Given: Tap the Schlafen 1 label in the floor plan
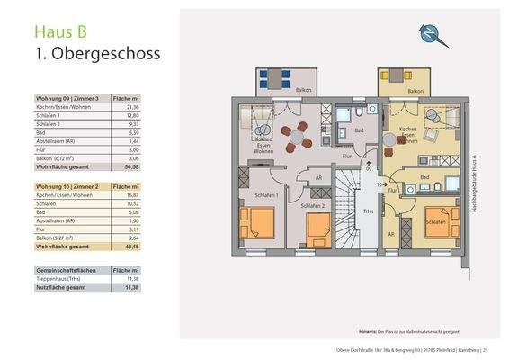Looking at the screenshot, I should point(264,195).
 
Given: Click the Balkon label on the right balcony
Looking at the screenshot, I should point(415,91).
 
